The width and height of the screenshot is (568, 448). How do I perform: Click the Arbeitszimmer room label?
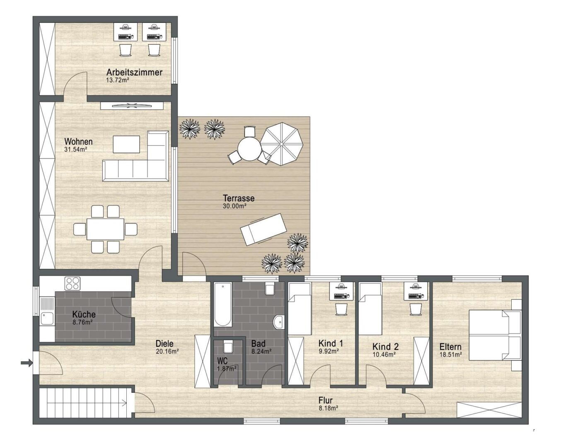(x=134, y=72)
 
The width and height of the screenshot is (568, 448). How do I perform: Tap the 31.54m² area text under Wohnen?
(x=75, y=149)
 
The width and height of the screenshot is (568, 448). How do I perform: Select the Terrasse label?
(x=239, y=198)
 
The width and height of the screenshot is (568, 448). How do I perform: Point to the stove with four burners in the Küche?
(x=73, y=284)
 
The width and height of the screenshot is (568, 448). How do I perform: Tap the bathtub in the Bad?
(x=223, y=304)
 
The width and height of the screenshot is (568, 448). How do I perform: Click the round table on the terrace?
(x=249, y=149)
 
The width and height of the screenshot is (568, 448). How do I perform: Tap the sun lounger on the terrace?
(x=263, y=229)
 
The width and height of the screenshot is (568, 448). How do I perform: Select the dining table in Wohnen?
(x=105, y=229)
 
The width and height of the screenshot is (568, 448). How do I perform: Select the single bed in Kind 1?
(x=300, y=309)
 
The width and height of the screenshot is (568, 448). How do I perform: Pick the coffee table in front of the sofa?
(x=126, y=144)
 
